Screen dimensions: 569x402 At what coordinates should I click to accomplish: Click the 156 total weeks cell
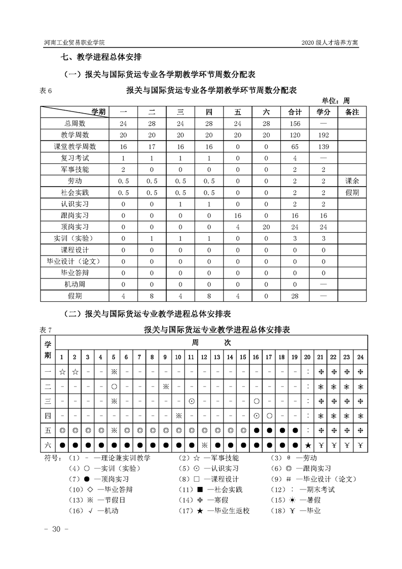pyautogui.click(x=295, y=123)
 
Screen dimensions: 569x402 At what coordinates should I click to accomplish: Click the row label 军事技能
pyautogui.click(x=75, y=169)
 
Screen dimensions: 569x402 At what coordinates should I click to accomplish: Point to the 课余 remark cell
pyautogui.click(x=352, y=181)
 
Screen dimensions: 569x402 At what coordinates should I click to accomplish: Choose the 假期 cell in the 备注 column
pyautogui.click(x=352, y=193)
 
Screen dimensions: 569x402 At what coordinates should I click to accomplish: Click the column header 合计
pyautogui.click(x=295, y=112)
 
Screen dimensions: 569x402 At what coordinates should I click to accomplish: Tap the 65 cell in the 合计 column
pyautogui.click(x=295, y=147)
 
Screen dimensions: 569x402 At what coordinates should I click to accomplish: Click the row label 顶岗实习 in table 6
pyautogui.click(x=75, y=227)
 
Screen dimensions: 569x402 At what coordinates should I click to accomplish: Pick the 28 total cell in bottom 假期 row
pyautogui.click(x=295, y=296)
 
